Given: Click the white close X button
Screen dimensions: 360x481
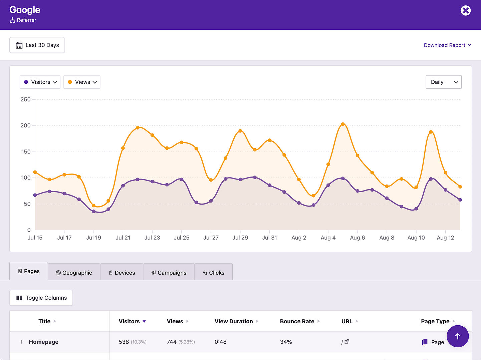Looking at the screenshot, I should click(465, 11).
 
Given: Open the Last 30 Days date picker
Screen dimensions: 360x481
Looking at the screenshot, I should click(37, 45).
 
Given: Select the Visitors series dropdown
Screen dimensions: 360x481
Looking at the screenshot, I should click(40, 82).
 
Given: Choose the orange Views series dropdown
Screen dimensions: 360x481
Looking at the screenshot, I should click(82, 82).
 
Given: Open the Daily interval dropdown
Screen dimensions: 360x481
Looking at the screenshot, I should click(443, 82).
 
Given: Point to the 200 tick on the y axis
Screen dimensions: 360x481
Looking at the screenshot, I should click(26, 125).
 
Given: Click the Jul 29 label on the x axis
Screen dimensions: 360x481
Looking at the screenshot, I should click(240, 238).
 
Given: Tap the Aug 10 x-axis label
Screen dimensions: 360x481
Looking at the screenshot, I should click(416, 238).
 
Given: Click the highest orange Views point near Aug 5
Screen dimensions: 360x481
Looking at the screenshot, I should click(343, 124).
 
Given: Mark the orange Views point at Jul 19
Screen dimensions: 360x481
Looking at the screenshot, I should click(93, 206).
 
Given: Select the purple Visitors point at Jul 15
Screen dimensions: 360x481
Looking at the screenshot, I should click(35, 195).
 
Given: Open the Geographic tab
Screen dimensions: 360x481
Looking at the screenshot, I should click(74, 273).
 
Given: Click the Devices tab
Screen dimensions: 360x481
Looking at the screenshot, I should click(122, 273).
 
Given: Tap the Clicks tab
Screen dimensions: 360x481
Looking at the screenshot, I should click(214, 273).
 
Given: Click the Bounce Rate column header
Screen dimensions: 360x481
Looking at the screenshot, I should click(297, 321).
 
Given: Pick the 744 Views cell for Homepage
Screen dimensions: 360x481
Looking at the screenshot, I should click(172, 342).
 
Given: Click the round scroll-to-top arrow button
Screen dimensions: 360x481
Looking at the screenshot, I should click(457, 336).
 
